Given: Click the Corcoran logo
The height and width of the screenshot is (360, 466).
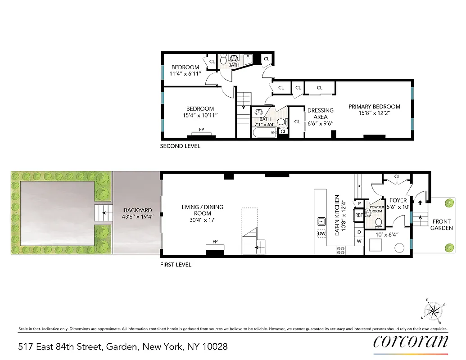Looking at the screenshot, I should coord(410,342).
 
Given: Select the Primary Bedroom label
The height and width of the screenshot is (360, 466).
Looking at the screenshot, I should coord(374,110).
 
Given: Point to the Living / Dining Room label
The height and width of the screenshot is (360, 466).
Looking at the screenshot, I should coord(202,210).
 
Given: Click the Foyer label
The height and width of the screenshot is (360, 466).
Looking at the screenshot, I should coord(398,203).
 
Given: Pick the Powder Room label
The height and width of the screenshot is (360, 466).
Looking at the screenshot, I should coord(376,209).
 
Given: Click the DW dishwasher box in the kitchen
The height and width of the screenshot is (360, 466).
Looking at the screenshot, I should coord(321,234).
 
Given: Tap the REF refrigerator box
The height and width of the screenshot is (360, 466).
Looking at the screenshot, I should coord(359,215).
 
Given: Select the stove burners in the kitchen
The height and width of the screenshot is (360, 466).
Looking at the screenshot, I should coord(341,251).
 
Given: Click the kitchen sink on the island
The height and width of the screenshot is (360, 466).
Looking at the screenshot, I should coord(321,221).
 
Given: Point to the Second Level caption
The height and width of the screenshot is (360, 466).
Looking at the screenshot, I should coord(180,146).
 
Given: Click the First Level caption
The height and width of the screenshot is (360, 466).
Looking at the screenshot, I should coord(176,265).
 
